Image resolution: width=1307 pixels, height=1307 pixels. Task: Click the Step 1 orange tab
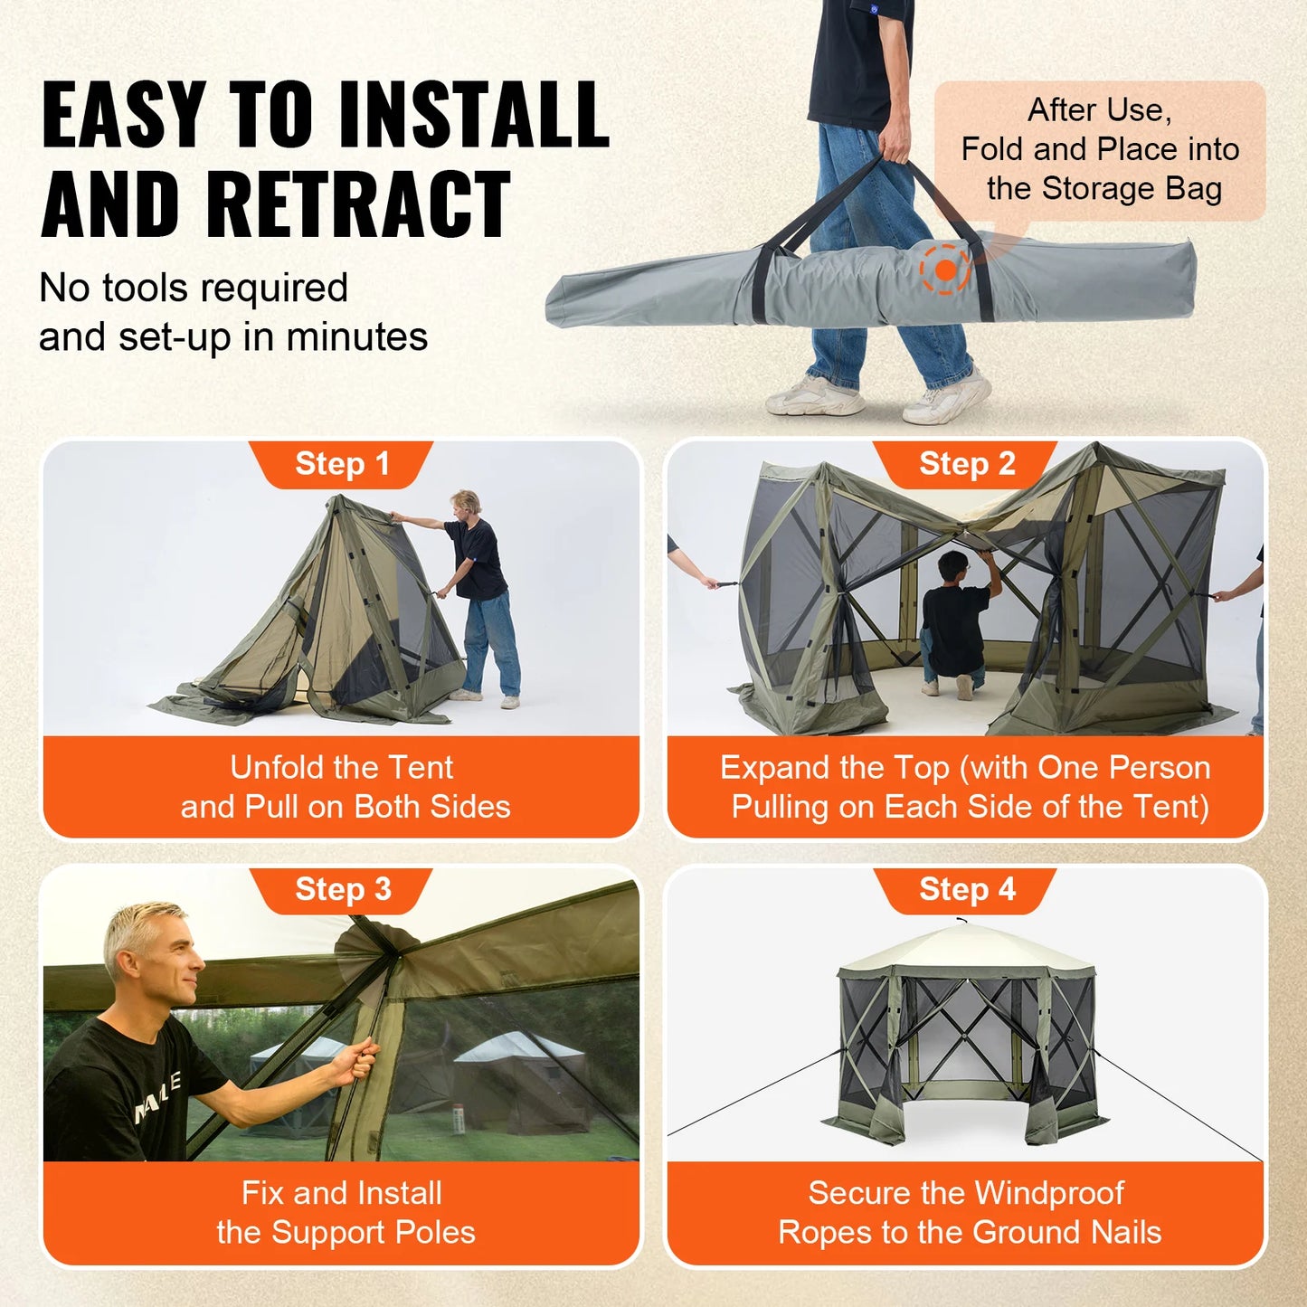tap(342, 464)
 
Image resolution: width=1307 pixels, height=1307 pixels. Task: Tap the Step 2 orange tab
tap(966, 464)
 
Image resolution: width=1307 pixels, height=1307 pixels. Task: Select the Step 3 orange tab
tap(342, 889)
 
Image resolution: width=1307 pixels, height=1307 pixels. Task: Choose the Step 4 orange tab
tap(966, 889)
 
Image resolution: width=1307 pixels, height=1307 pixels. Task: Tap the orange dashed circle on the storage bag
tap(945, 269)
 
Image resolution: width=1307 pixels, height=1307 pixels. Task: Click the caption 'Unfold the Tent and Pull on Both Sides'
tap(344, 787)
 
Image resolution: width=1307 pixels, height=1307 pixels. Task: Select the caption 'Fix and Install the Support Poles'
tap(344, 1212)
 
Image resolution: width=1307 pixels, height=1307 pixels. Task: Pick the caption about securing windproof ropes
tap(968, 1212)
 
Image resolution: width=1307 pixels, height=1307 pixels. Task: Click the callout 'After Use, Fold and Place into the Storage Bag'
tap(1099, 149)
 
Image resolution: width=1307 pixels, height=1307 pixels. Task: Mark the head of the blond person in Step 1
tap(466, 503)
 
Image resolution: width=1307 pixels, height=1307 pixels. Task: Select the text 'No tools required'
tap(194, 289)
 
